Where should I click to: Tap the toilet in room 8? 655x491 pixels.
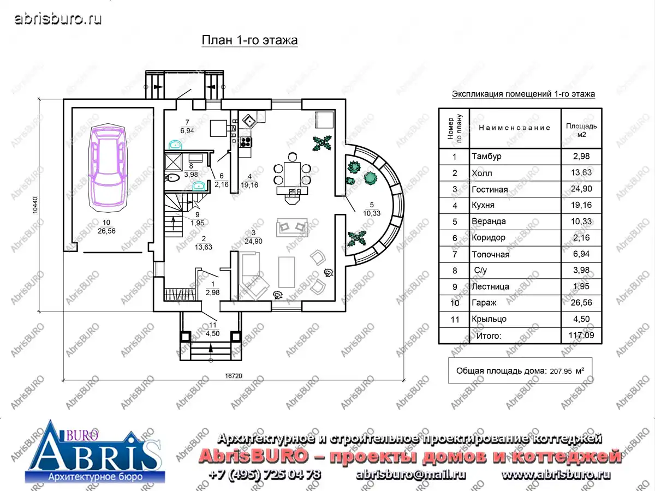point(172,178)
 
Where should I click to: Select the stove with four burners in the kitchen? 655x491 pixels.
point(246,142)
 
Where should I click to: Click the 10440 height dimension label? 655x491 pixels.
point(35,205)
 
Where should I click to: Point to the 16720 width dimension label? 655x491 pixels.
point(234,376)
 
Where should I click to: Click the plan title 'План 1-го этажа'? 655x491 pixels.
point(249,40)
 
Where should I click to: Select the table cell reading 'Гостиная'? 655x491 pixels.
point(490,189)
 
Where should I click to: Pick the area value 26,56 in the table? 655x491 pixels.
point(581,303)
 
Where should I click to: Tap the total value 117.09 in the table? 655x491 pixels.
point(581,336)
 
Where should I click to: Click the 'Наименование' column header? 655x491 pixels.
point(515,128)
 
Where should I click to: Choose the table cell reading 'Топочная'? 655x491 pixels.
point(490,254)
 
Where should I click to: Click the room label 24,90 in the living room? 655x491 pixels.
point(253,241)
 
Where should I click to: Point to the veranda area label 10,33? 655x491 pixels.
point(372,213)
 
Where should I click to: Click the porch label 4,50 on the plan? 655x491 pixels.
point(212,333)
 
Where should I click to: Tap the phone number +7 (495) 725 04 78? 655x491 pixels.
point(264,474)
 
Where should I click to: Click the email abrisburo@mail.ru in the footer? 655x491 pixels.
point(410,474)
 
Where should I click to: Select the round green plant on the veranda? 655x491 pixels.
point(370,178)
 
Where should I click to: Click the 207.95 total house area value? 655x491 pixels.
point(561,372)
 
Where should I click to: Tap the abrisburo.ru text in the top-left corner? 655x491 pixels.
point(58,19)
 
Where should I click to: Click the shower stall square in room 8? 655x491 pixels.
point(174,162)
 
